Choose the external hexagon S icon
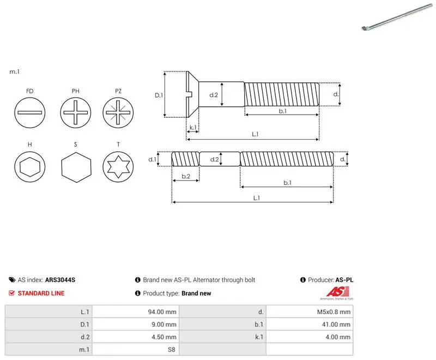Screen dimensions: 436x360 pos(76,167)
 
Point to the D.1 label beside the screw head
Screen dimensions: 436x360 pos(159,95)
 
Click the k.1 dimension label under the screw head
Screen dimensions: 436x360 pos(193,128)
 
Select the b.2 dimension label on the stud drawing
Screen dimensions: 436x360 pos(186,176)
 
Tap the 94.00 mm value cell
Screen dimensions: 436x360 pos(162,312)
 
